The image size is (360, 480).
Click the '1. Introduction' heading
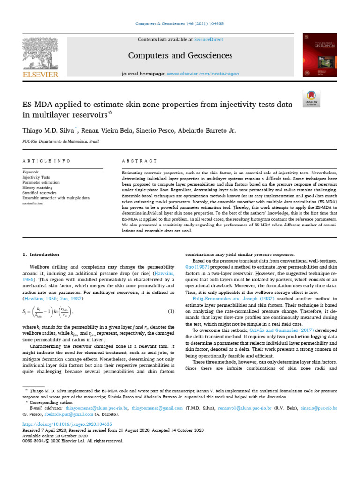pyautogui.click(x=41, y=255)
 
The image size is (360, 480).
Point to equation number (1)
pyautogui.click(x=171, y=312)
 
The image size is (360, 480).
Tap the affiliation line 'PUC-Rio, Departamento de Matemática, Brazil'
pyautogui.click(x=61, y=141)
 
